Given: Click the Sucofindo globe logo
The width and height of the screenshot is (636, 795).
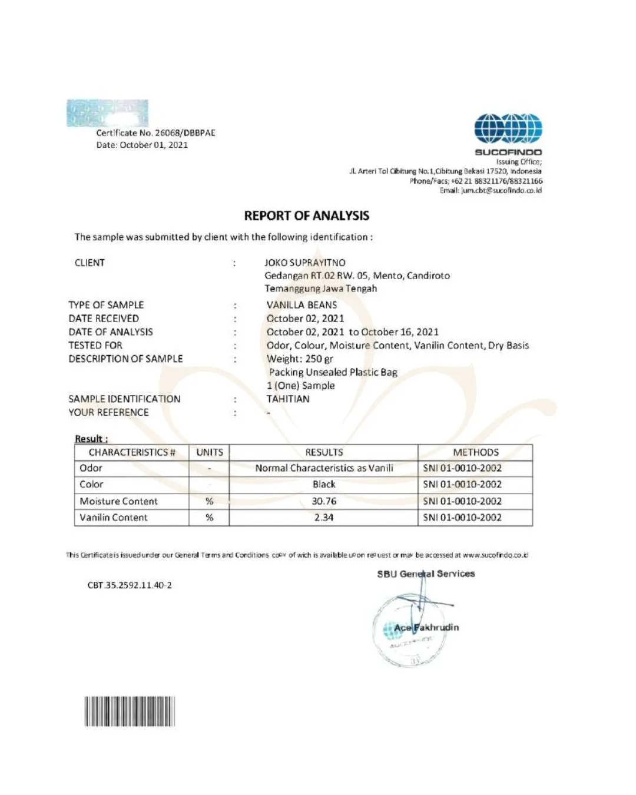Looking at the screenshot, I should [508, 129].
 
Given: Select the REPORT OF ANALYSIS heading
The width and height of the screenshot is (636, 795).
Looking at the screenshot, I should [307, 216].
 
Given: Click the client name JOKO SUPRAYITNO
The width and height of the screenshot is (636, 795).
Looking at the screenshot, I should [305, 263].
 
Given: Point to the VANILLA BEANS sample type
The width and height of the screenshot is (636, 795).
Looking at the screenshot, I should [302, 305].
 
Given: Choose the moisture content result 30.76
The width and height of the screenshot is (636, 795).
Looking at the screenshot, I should [324, 501].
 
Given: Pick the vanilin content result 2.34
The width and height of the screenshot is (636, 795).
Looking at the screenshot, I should [324, 518].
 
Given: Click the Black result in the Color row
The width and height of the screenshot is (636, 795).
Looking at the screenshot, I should [324, 484].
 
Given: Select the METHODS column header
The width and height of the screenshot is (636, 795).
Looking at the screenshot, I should [475, 452].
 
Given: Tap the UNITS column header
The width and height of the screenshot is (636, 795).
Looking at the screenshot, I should [210, 452].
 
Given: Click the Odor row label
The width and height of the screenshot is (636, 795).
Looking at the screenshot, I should [91, 468].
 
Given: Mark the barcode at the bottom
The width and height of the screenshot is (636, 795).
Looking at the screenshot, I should [130, 711].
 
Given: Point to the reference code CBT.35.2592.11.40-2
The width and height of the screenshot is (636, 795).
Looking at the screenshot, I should [130, 585].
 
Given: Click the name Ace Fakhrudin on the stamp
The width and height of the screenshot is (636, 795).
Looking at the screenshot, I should [426, 628].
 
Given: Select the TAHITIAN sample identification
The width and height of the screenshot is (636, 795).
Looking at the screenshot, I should [288, 399].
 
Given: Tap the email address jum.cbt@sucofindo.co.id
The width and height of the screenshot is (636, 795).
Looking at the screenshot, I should [491, 190].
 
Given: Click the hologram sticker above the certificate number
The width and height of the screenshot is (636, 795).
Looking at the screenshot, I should [107, 113].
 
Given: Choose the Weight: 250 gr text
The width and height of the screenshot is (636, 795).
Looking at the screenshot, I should [300, 359].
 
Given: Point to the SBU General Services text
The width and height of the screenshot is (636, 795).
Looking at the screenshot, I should [426, 574].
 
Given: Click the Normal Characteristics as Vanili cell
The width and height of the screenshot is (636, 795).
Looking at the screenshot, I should [324, 468].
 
